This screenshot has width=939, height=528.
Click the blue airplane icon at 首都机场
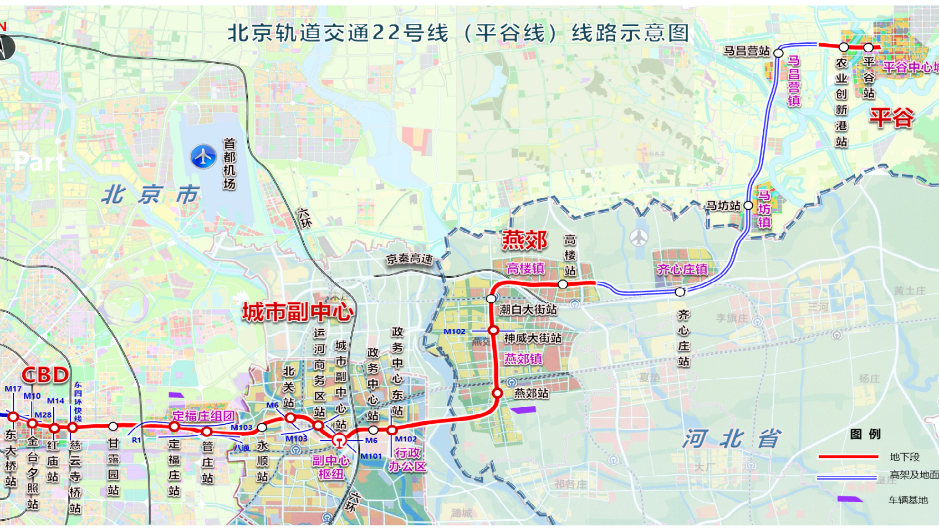point(203,156)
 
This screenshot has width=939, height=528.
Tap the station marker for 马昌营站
point(778,53)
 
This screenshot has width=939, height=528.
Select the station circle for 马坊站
point(748,205)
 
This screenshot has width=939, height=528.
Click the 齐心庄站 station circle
point(680,292)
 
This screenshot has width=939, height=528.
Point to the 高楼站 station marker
point(563,284)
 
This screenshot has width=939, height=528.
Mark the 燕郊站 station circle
point(497,393)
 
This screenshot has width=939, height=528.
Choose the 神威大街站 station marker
point(493,331)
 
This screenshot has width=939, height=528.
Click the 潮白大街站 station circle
point(491,298)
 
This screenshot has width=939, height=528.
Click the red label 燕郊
point(524,240)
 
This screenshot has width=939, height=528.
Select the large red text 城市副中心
point(298,312)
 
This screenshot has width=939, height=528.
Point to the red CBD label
point(45,375)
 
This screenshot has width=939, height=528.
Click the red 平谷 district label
point(891,117)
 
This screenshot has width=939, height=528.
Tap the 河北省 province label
point(732,439)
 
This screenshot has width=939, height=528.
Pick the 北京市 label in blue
point(150,195)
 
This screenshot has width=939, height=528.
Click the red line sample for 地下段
point(848,457)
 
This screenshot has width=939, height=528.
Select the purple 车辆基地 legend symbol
point(849,499)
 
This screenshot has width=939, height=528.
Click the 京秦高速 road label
point(410,258)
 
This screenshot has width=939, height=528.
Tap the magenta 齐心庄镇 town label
point(682,270)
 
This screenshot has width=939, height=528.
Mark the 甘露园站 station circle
point(113,427)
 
